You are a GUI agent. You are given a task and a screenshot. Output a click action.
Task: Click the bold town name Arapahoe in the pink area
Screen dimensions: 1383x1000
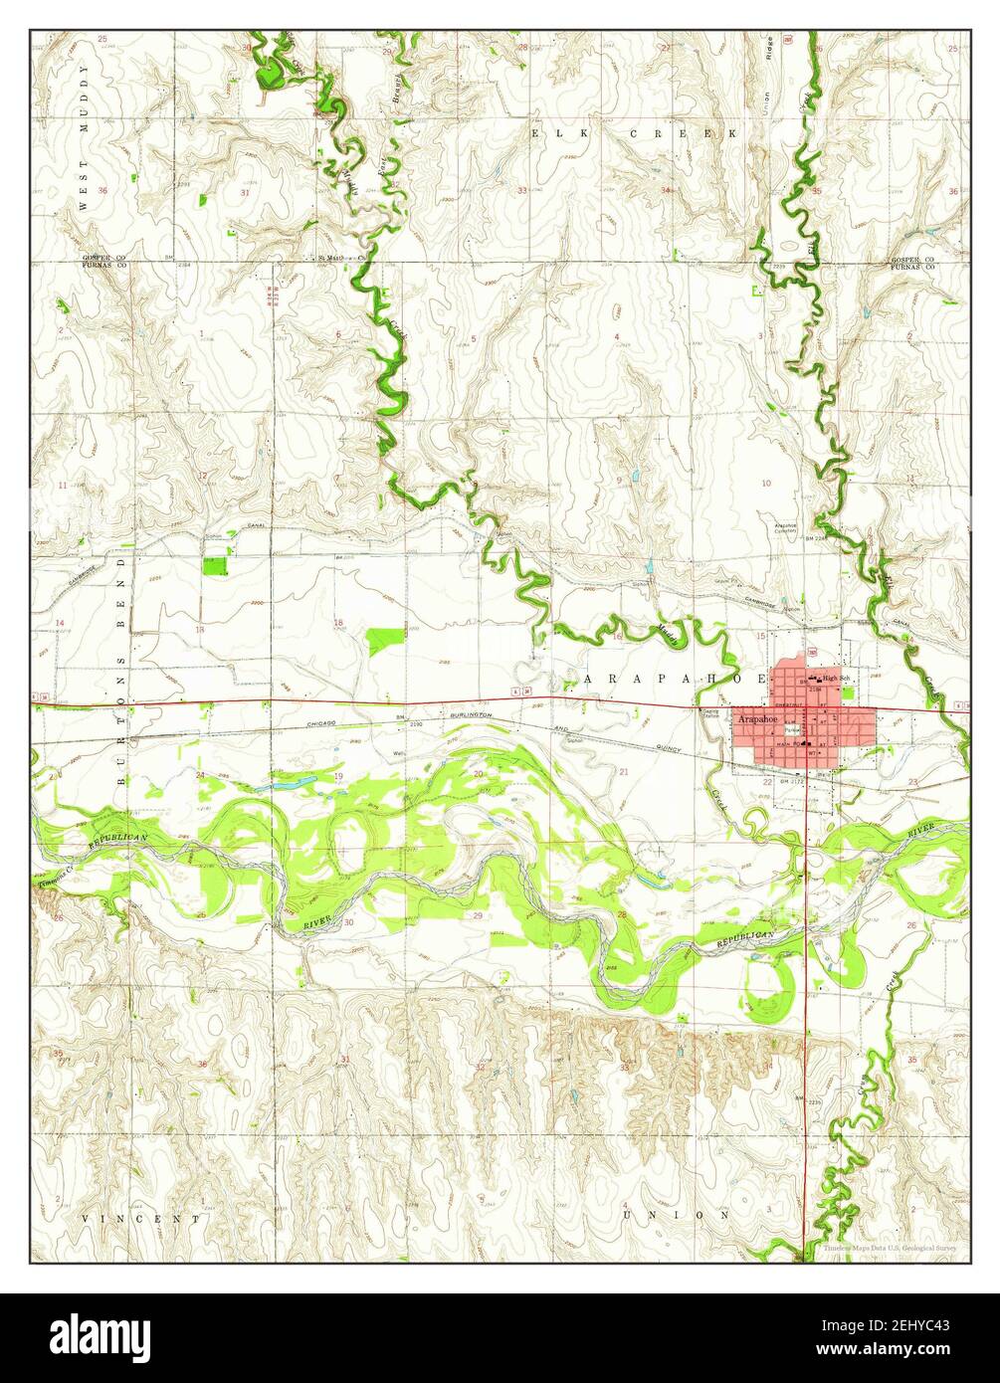(x=761, y=717)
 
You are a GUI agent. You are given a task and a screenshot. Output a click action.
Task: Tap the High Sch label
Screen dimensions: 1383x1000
(x=838, y=678)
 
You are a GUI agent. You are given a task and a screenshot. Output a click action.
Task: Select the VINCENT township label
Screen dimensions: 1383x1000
(x=141, y=1218)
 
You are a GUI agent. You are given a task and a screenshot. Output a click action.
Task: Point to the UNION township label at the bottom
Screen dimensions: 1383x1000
(x=676, y=1215)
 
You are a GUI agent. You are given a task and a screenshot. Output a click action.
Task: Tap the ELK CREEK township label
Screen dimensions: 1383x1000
(x=636, y=132)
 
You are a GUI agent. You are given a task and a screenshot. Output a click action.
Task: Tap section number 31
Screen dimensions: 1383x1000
(x=245, y=192)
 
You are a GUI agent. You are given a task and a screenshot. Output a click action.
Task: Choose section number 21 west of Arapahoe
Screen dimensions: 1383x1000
(x=624, y=771)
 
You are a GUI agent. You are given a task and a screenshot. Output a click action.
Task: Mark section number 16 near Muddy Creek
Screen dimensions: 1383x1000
(x=617, y=636)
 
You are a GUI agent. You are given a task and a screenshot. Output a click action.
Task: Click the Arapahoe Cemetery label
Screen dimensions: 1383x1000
(x=786, y=527)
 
